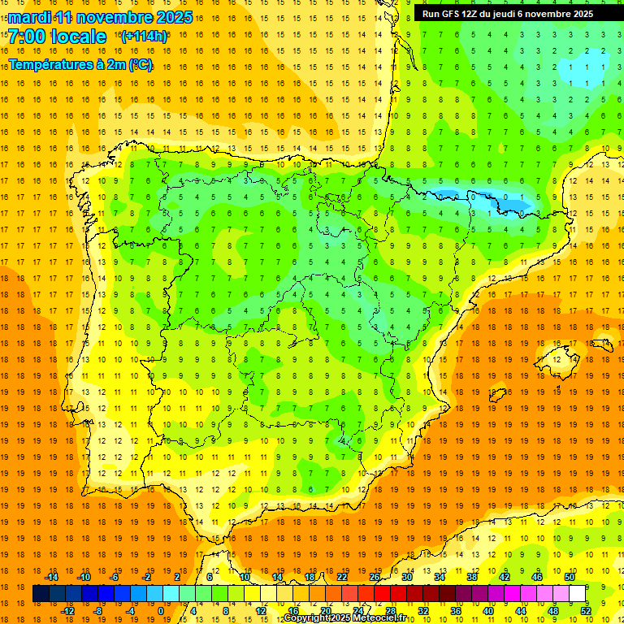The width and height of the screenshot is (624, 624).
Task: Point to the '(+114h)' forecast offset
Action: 144,37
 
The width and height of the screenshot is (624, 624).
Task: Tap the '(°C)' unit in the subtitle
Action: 140,64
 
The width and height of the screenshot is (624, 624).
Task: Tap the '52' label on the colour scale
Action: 586,610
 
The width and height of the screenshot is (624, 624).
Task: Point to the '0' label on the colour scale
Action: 161,610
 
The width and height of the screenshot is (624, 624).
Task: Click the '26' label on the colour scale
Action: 375,577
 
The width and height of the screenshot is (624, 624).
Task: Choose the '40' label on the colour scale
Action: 488,610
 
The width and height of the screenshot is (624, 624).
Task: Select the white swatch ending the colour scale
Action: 578,594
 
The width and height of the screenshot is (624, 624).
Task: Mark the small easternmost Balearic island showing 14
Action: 602,344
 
